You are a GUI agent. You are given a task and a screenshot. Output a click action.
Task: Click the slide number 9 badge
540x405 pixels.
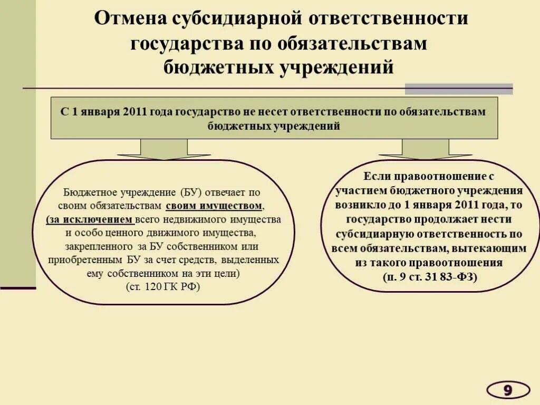[x=507, y=390]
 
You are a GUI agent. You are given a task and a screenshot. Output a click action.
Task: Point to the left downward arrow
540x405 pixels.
[x=163, y=149]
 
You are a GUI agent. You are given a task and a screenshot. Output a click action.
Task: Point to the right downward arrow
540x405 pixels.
[x=425, y=149]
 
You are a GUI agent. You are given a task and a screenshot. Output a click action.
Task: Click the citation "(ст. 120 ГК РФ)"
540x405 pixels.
[x=163, y=287]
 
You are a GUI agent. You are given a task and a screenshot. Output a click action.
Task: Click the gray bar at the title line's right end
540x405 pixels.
[x=459, y=89]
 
